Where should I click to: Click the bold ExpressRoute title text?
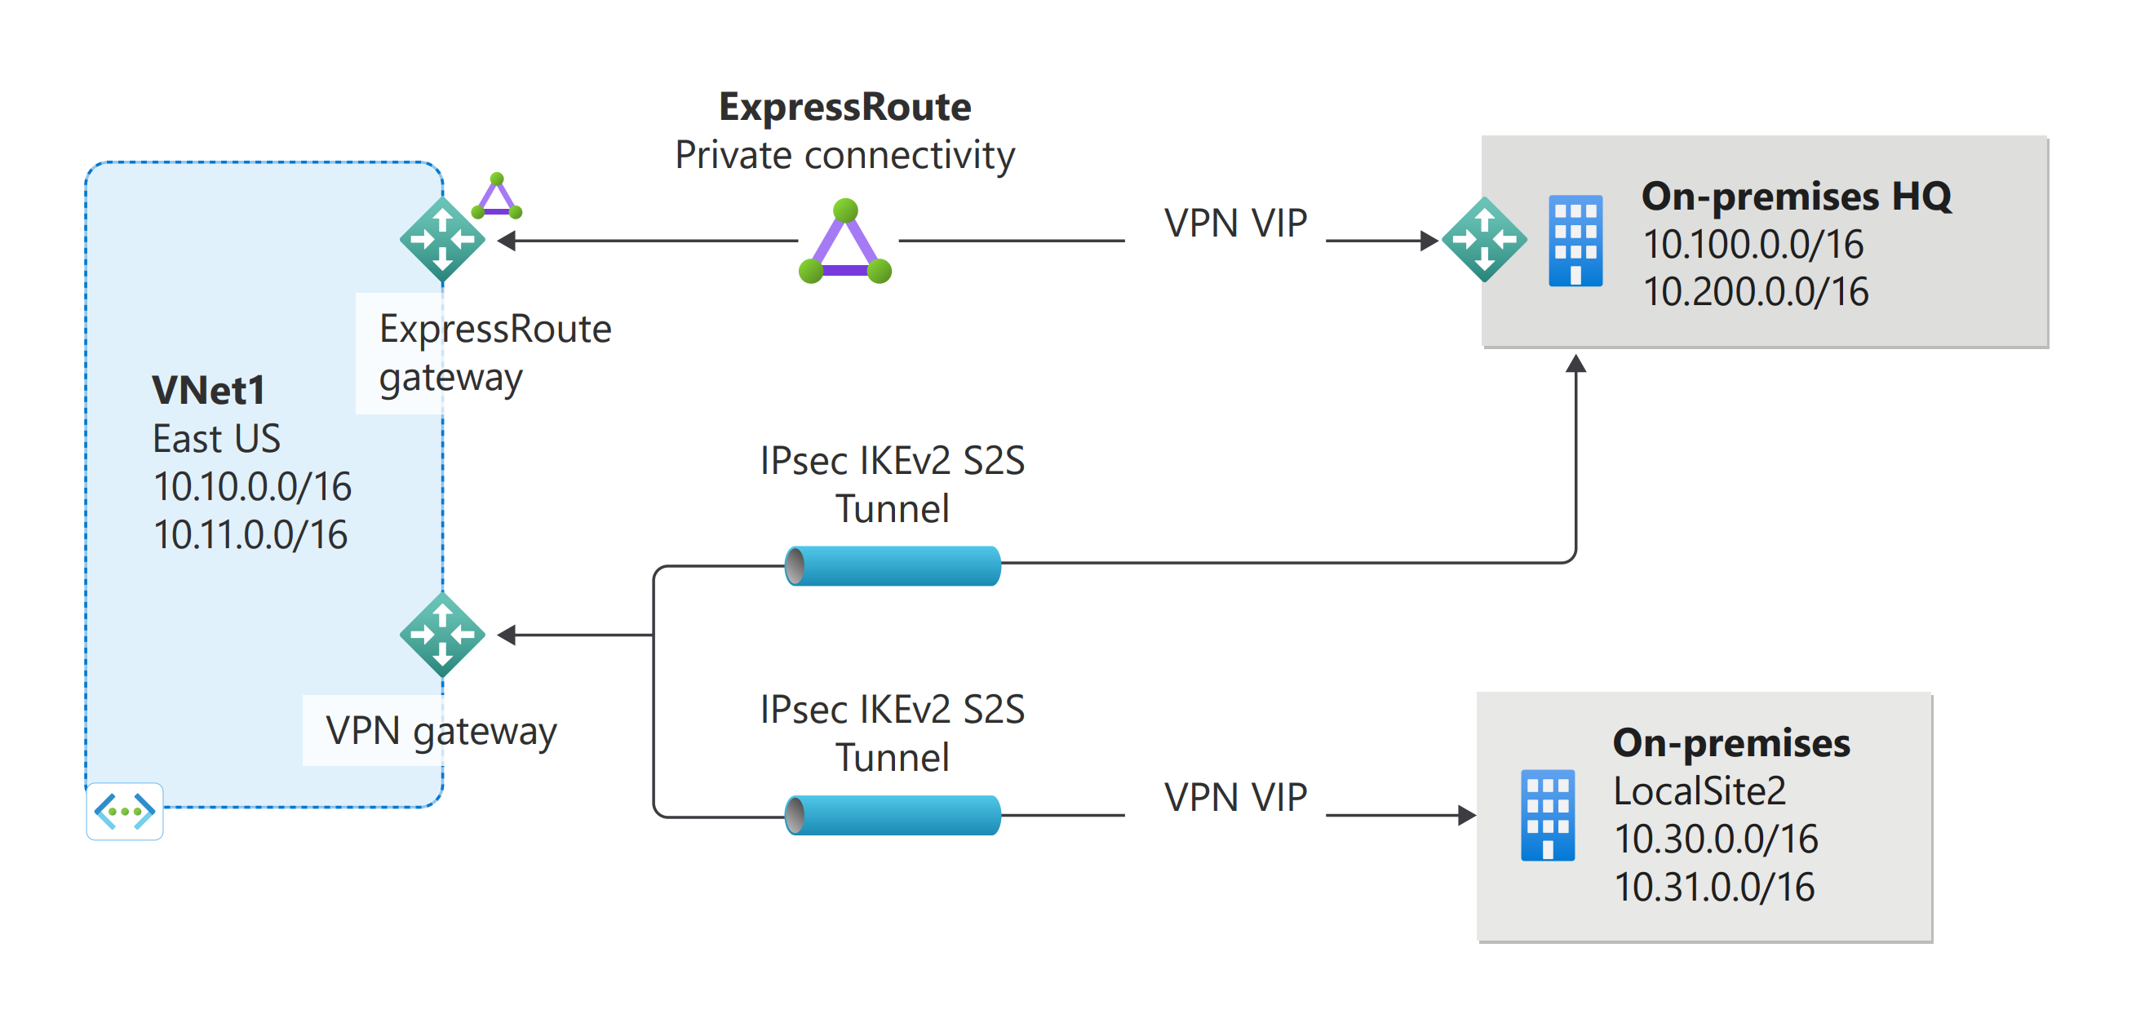(x=844, y=107)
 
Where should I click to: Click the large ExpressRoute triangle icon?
(x=845, y=244)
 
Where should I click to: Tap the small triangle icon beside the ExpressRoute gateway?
(x=497, y=197)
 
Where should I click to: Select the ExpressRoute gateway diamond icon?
(x=442, y=240)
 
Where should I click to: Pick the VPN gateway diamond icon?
(x=442, y=635)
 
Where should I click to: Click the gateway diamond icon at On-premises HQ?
(x=1483, y=240)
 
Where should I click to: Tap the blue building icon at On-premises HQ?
(x=1575, y=241)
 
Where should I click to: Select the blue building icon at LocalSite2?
(x=1547, y=816)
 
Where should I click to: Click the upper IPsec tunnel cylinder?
(x=893, y=566)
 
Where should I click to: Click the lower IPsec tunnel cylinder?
(x=893, y=815)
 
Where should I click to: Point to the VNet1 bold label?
(x=208, y=391)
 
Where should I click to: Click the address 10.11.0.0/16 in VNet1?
(x=250, y=535)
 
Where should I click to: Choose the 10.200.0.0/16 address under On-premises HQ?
(x=1756, y=292)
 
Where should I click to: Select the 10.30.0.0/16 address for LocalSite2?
(x=1715, y=839)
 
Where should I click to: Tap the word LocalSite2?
(x=1699, y=791)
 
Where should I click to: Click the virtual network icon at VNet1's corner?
(x=124, y=811)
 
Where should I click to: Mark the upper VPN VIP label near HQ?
(x=1234, y=223)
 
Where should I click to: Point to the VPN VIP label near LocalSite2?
(x=1234, y=798)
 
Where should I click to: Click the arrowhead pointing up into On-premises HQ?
(x=1575, y=364)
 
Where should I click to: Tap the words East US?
(x=216, y=439)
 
